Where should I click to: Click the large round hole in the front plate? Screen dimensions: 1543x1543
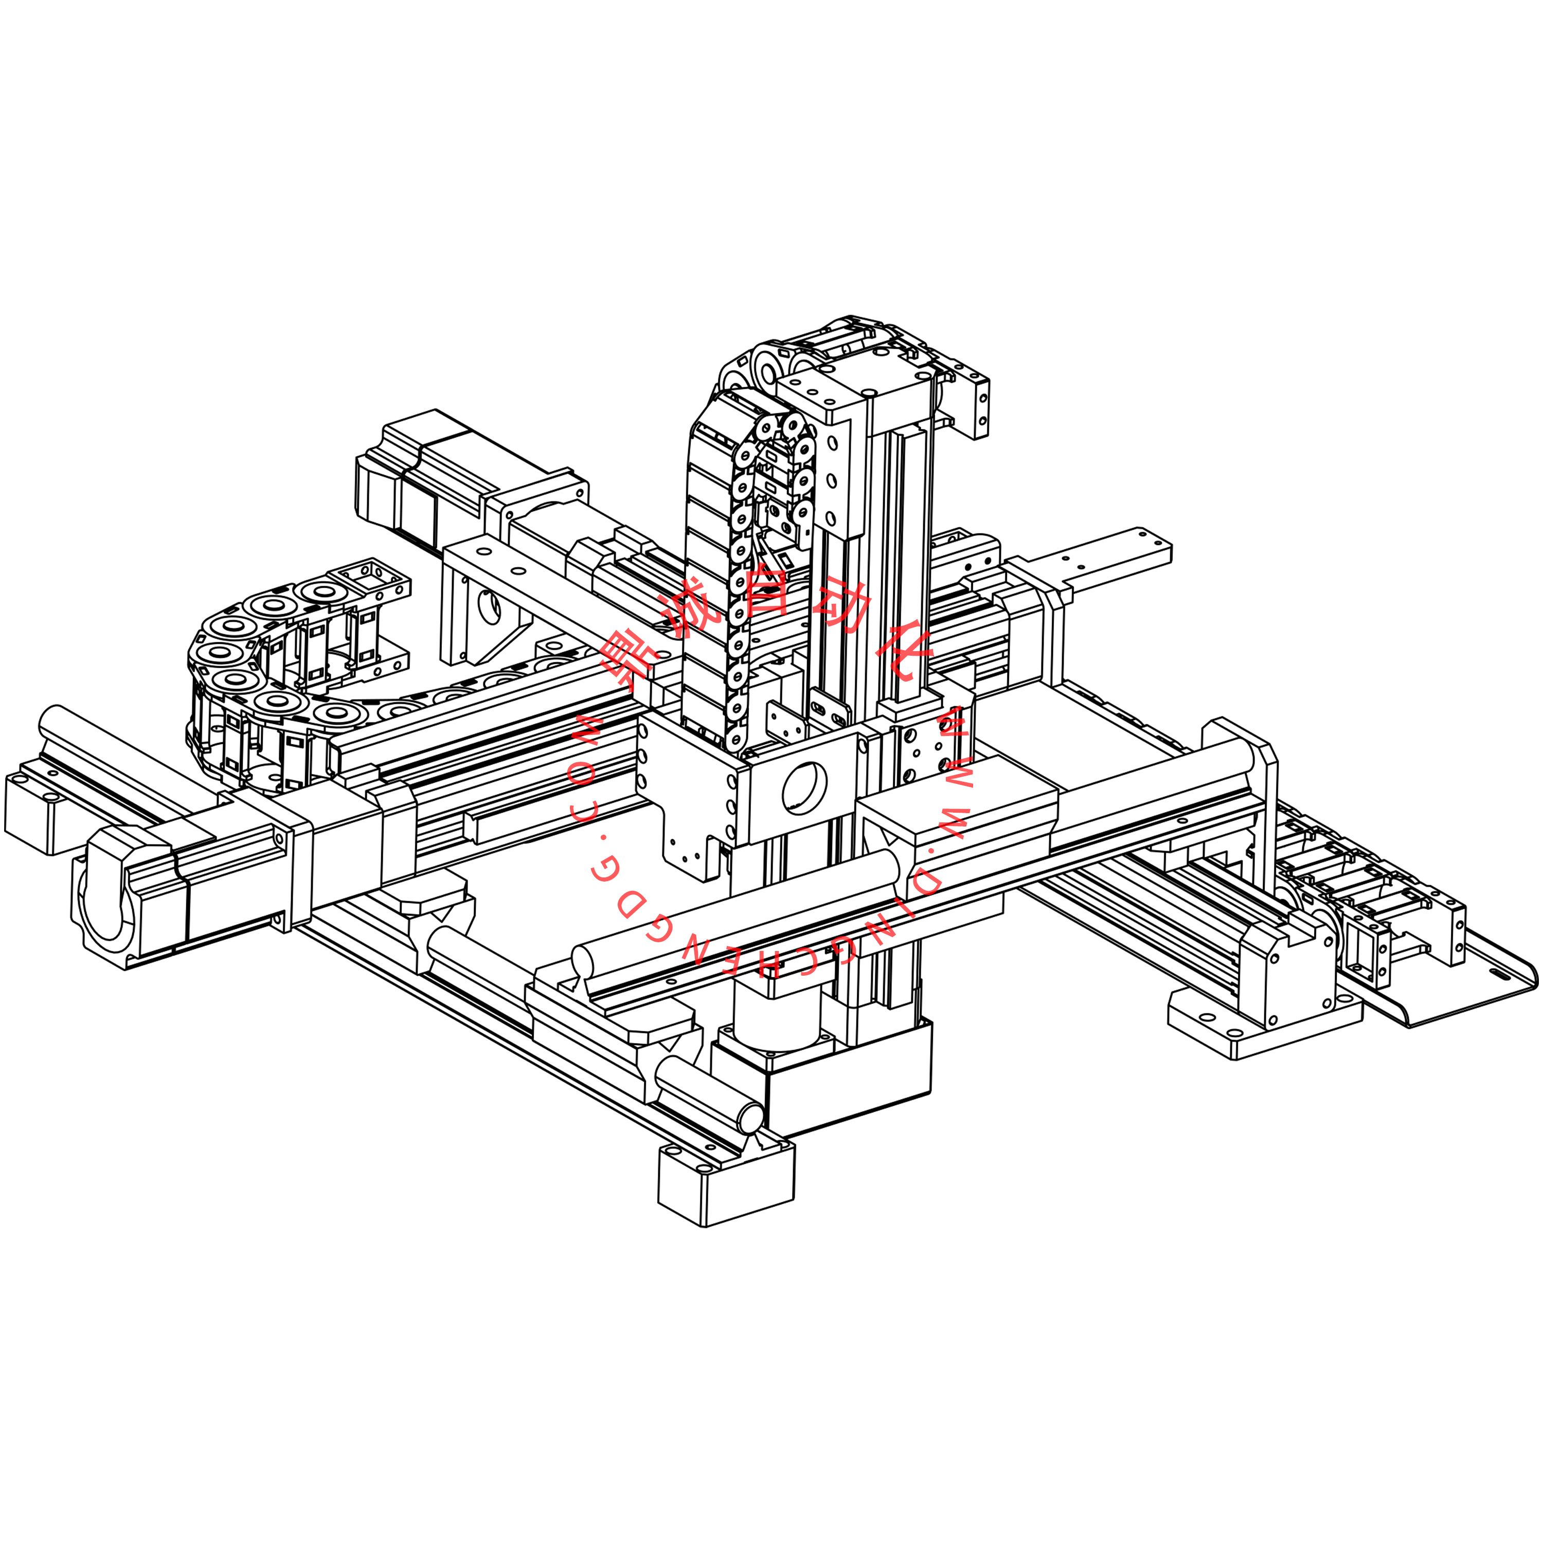pyautogui.click(x=804, y=787)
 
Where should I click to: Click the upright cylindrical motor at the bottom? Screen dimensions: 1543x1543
pyautogui.click(x=776, y=1020)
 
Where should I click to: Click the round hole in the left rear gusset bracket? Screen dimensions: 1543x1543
pyautogui.click(x=488, y=607)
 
